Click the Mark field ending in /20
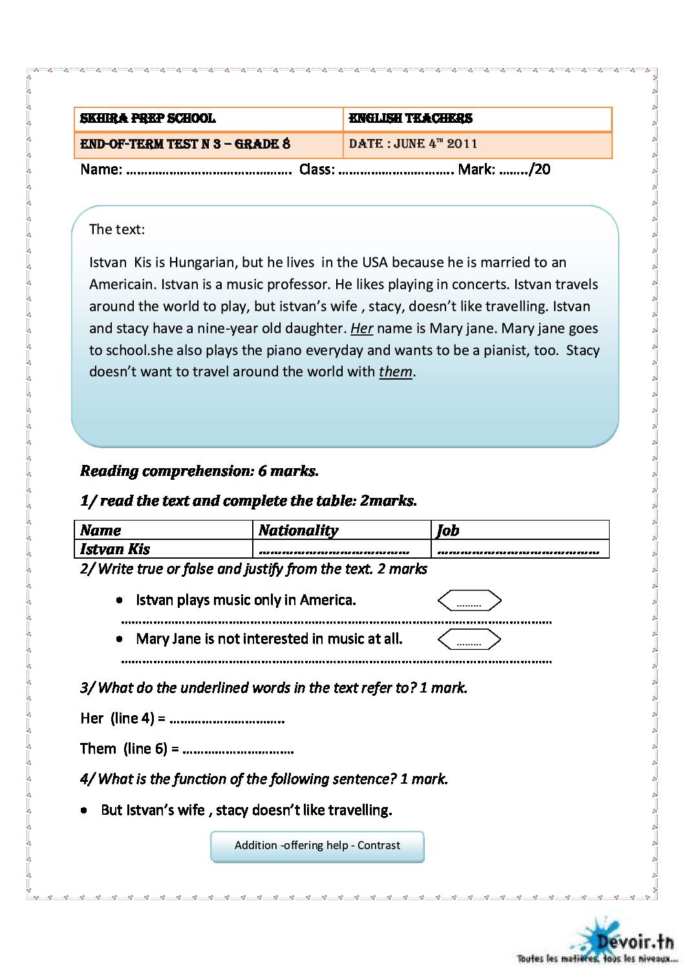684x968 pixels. tap(504, 170)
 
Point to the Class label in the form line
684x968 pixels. tap(317, 170)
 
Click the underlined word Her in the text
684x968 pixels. tap(361, 328)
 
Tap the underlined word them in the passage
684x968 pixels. tap(395, 372)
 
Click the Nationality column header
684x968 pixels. tap(298, 530)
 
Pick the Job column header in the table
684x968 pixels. tap(448, 530)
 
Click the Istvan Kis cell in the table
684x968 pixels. tap(115, 549)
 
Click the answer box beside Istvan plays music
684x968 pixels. tap(469, 601)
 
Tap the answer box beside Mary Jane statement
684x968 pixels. tap(469, 640)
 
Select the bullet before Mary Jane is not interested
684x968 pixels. tap(120, 639)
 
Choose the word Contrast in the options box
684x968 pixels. tap(379, 846)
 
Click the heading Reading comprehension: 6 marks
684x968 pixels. tap(199, 471)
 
